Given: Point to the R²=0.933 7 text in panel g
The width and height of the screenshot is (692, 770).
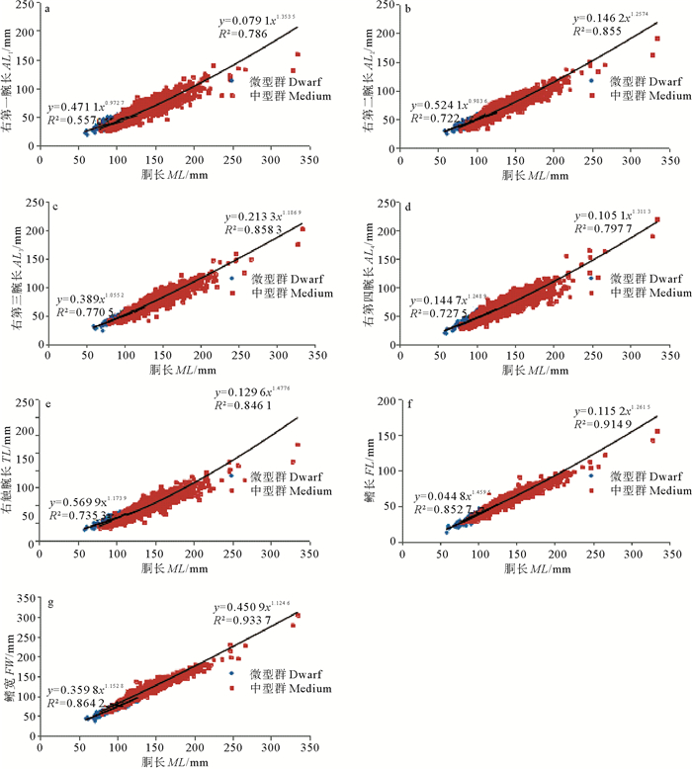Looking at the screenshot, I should tap(246, 620).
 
